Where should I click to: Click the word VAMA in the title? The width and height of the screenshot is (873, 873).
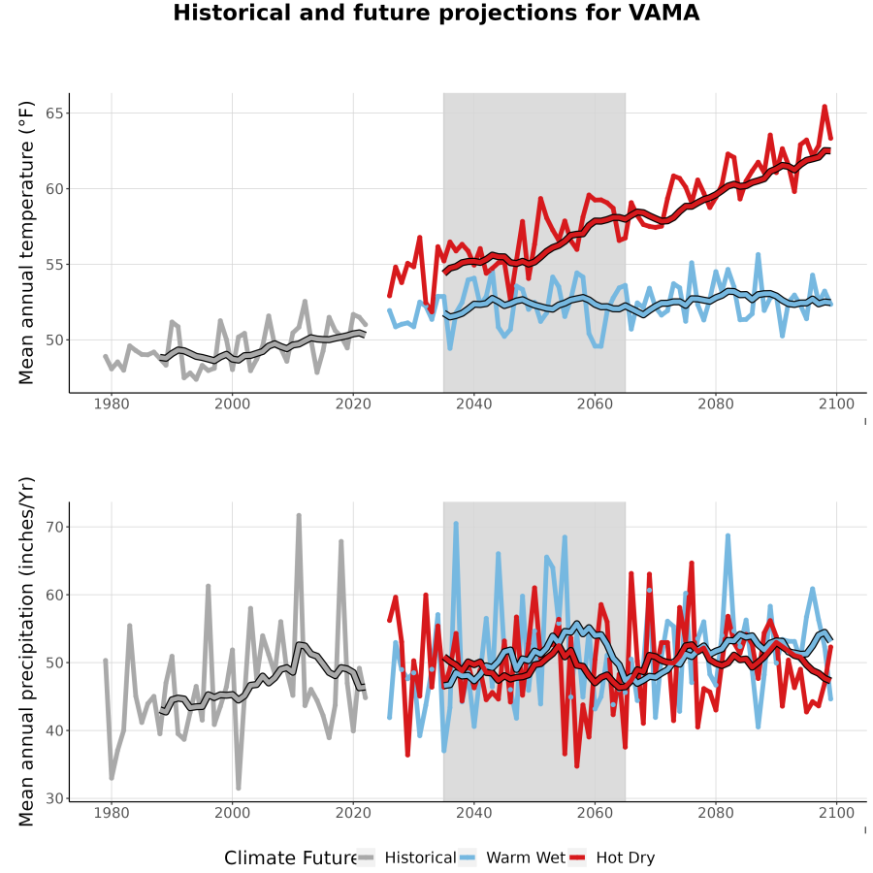coord(663,13)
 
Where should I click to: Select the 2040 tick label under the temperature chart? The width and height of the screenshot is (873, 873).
coord(473,404)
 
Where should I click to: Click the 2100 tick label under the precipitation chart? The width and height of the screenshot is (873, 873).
coord(836,813)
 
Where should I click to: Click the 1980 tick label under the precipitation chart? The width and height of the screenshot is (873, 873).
coord(112,813)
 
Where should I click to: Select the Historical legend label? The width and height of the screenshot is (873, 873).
coord(420,857)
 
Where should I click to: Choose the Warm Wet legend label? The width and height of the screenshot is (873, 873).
coord(526,857)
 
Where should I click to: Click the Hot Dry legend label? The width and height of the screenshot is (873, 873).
coord(626,857)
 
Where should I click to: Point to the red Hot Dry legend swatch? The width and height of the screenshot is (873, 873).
coord(577,857)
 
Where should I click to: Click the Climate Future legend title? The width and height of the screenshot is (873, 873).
coord(291,857)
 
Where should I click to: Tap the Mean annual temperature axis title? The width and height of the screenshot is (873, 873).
coord(26,242)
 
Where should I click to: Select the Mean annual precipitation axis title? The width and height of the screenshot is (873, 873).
coord(26,652)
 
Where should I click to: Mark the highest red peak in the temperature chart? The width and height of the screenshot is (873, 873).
coord(824,106)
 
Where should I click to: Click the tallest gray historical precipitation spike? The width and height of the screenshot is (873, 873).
coord(299,516)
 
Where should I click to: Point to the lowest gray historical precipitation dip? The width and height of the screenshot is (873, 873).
coord(239,789)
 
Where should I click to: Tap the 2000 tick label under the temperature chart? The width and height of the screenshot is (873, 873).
coord(232,404)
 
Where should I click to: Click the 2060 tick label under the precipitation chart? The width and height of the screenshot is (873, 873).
coord(595,813)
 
